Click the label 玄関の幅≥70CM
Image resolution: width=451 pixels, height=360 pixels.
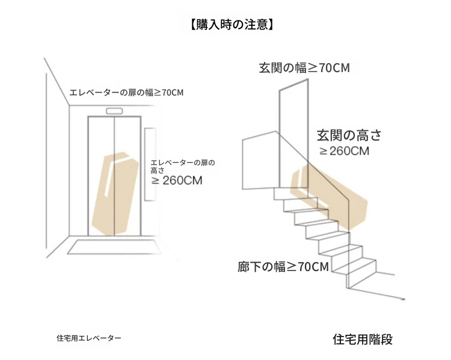click(x=304, y=67)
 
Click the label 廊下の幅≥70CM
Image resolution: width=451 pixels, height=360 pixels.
click(x=283, y=266)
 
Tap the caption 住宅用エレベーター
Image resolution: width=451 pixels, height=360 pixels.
click(x=89, y=338)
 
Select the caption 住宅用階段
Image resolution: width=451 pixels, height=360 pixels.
click(x=363, y=339)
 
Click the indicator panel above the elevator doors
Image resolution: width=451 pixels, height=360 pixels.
click(x=114, y=110)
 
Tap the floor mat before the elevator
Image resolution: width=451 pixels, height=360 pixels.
click(x=115, y=247)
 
